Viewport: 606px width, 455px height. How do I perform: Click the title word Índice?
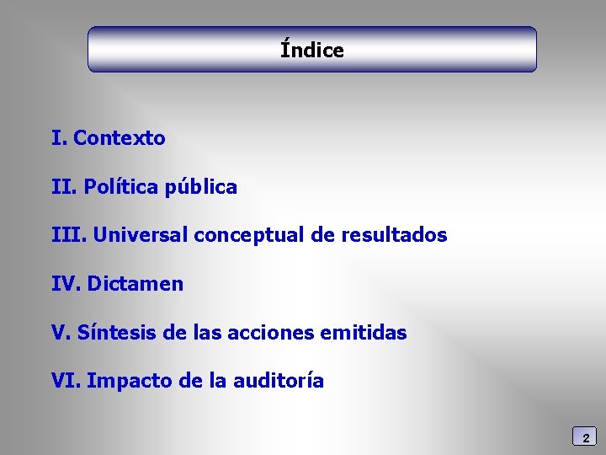tap(312, 50)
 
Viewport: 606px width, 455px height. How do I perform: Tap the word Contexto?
tap(120, 138)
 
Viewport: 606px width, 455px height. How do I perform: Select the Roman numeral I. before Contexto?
tap(59, 138)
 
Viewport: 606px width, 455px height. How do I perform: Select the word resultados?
tap(394, 235)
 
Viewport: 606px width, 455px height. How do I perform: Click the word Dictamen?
tap(135, 284)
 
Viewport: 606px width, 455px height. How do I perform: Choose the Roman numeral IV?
tap(66, 284)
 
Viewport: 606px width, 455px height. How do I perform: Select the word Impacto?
tap(130, 381)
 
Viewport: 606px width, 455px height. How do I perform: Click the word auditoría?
tap(278, 381)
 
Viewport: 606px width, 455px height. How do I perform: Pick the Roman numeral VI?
tap(66, 381)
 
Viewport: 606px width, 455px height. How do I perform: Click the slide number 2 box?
tap(585, 436)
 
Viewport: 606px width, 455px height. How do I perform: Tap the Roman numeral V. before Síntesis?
tap(61, 333)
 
